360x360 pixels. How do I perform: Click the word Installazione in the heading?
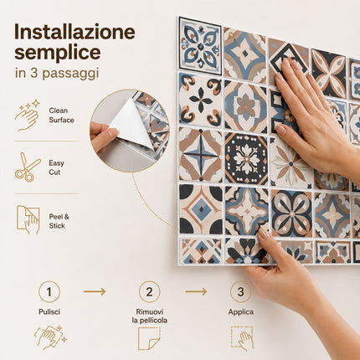click(75, 32)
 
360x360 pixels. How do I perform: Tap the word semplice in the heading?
click(58, 53)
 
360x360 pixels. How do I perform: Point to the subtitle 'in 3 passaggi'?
click(57, 74)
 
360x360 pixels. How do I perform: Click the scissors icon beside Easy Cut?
click(28, 167)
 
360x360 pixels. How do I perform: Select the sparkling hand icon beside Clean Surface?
click(28, 115)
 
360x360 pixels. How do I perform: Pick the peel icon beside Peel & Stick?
click(28, 220)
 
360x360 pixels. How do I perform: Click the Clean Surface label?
click(61, 116)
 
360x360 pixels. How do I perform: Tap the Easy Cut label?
click(56, 167)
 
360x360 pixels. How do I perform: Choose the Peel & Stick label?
click(59, 221)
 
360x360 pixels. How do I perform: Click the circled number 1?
click(49, 292)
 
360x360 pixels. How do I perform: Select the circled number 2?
click(150, 292)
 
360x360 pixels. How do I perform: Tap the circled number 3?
click(241, 292)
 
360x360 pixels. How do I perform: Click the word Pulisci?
click(49, 311)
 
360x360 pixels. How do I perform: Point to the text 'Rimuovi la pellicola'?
click(150, 316)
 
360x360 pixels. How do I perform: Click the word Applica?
click(241, 312)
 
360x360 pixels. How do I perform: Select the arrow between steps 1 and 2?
click(95, 291)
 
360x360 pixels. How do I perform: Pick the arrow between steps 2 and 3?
click(196, 291)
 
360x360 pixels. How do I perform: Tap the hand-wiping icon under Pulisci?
click(50, 337)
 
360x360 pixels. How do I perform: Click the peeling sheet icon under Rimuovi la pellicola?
click(149, 338)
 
